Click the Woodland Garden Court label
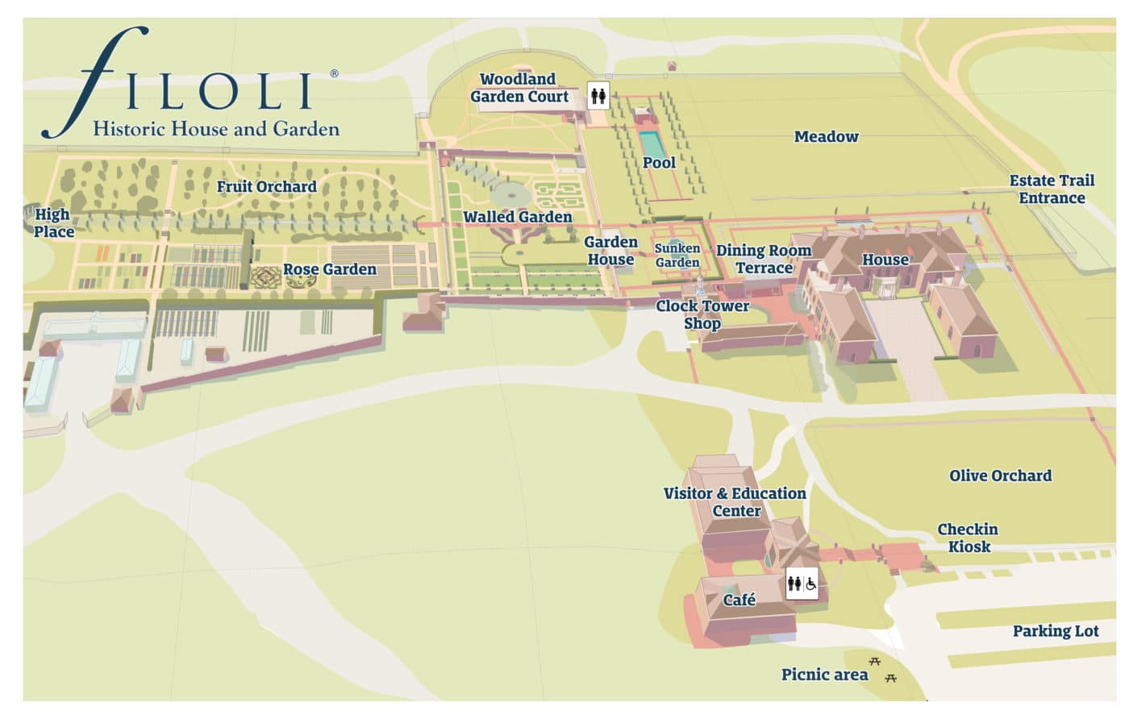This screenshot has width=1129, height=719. (x=519, y=88)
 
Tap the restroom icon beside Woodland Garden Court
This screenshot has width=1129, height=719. (x=598, y=96)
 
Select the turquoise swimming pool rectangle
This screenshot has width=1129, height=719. (x=652, y=145)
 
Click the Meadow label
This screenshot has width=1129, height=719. (x=826, y=136)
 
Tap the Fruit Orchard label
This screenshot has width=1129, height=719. (x=266, y=186)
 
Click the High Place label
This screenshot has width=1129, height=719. (x=53, y=223)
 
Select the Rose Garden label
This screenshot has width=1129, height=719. (x=329, y=269)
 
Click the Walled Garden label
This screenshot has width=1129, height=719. (x=517, y=217)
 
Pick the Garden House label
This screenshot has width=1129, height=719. (x=610, y=251)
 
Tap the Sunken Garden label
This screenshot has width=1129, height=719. (x=677, y=256)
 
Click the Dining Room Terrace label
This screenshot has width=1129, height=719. (x=763, y=260)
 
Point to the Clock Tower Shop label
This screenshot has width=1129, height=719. (x=702, y=314)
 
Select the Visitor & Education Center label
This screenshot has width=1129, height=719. (x=735, y=501)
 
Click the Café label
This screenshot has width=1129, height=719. (x=739, y=600)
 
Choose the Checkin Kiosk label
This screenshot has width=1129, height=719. (x=968, y=538)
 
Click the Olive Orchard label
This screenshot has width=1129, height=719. (x=1000, y=476)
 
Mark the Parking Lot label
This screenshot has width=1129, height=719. (x=1055, y=631)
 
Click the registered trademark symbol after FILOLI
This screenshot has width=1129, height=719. (x=334, y=73)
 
